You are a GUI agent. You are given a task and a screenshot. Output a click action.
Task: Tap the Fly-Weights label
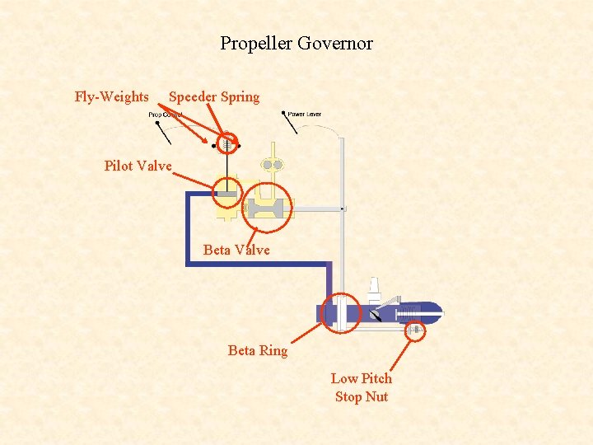click(x=111, y=97)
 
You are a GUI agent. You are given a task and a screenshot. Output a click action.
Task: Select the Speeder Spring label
click(x=214, y=97)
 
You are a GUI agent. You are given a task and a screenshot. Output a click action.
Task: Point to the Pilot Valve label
click(x=138, y=166)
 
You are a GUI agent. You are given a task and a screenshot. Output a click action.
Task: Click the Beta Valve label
click(x=236, y=250)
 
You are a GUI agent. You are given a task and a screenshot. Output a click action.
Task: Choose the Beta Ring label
click(x=258, y=351)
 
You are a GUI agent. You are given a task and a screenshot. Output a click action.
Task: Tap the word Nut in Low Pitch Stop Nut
click(x=376, y=397)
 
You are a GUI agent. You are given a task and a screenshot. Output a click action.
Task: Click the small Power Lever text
click(x=305, y=115)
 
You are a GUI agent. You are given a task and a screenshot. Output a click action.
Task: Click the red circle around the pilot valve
click(x=227, y=194)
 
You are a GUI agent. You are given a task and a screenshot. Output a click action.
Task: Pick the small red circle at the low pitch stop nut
click(x=416, y=330)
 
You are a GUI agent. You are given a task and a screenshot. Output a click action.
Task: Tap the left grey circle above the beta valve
click(x=267, y=165)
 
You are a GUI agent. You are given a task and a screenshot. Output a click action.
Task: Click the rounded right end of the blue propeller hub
click(x=435, y=311)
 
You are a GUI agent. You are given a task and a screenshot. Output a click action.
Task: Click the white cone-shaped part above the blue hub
click(x=374, y=288)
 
